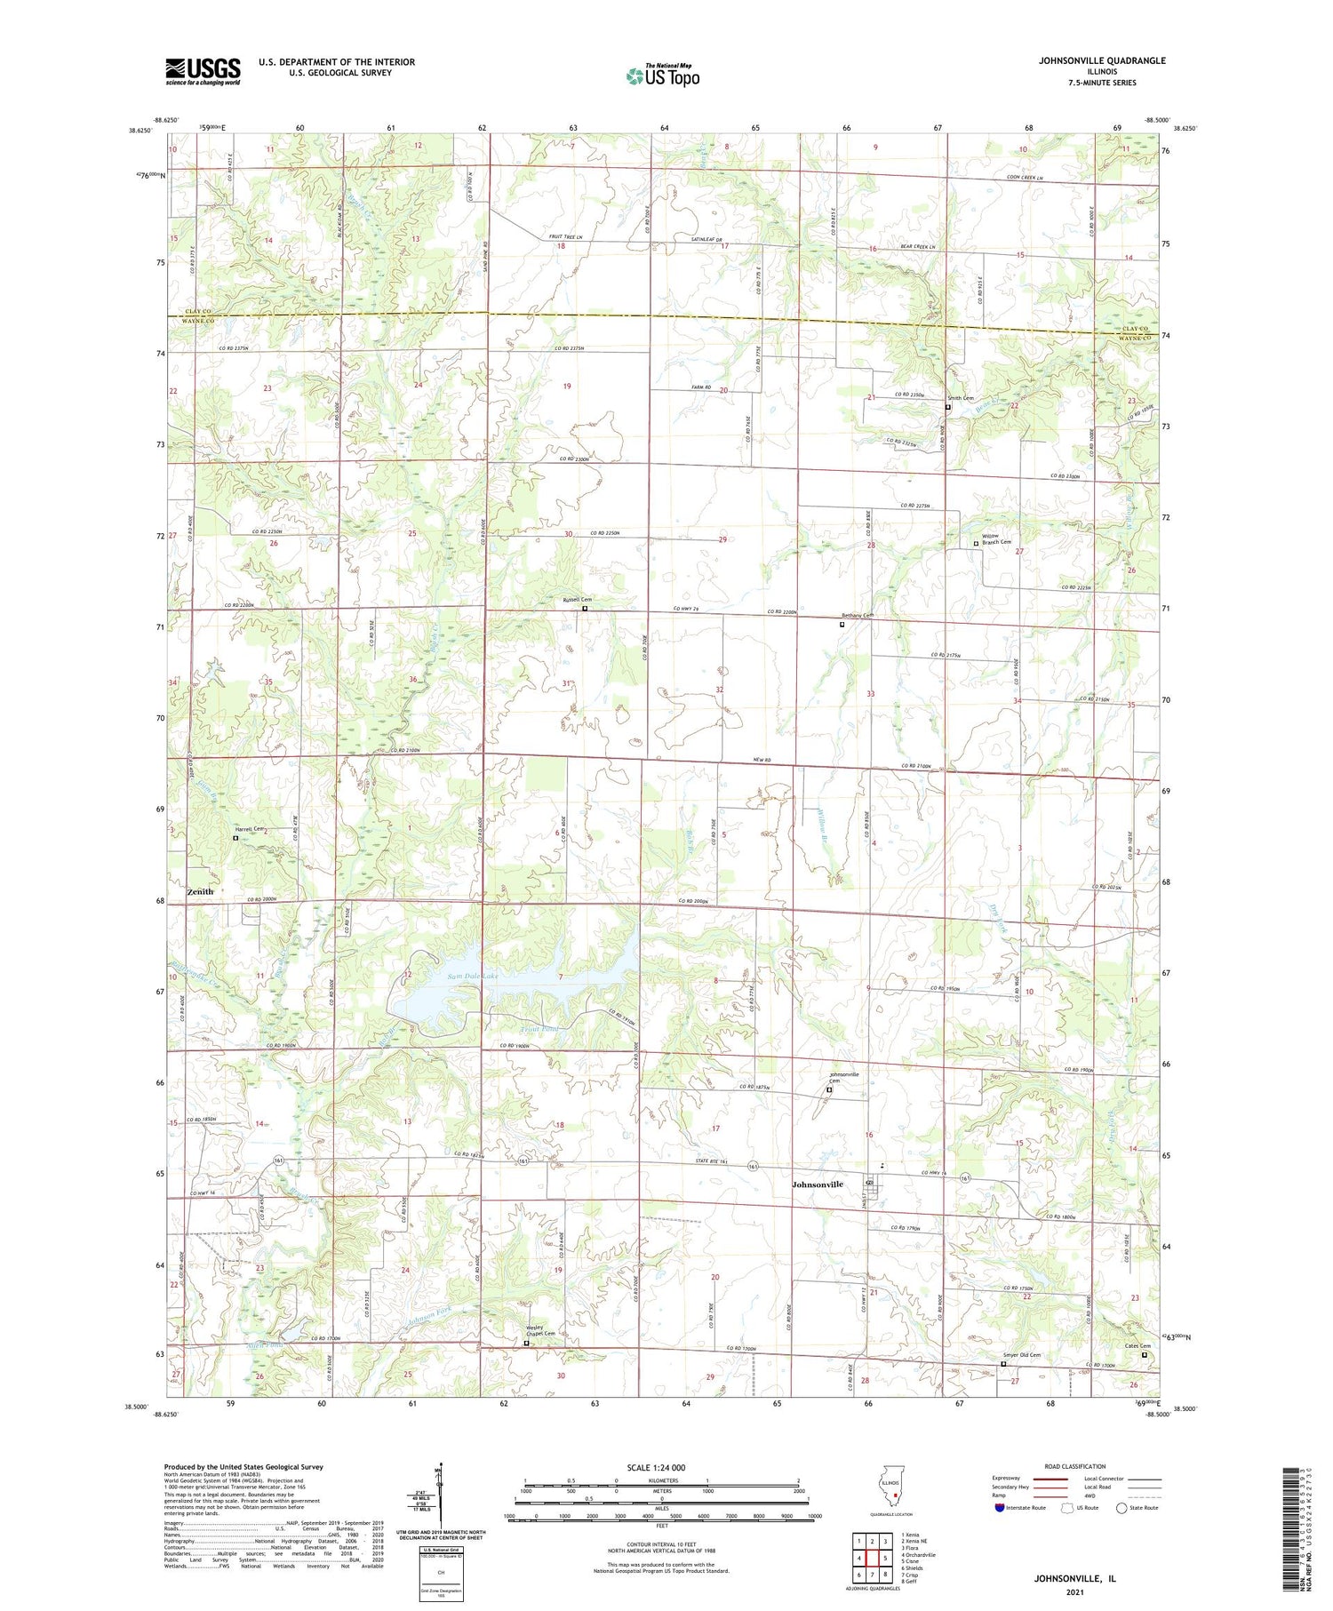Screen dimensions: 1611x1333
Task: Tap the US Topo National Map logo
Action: pyautogui.click(x=662, y=76)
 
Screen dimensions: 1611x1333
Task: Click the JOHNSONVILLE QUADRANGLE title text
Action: pyautogui.click(x=1102, y=60)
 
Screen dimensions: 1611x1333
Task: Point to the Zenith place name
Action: pyautogui.click(x=201, y=891)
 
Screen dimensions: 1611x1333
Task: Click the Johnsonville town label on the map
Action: pyautogui.click(x=818, y=1184)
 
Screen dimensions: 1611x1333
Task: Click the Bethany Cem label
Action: pyautogui.click(x=858, y=616)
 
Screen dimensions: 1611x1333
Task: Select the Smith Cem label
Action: pyautogui.click(x=961, y=398)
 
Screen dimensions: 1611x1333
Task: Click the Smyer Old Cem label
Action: pyautogui.click(x=1022, y=1355)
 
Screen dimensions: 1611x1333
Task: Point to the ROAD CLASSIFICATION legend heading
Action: pyautogui.click(x=1075, y=1466)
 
